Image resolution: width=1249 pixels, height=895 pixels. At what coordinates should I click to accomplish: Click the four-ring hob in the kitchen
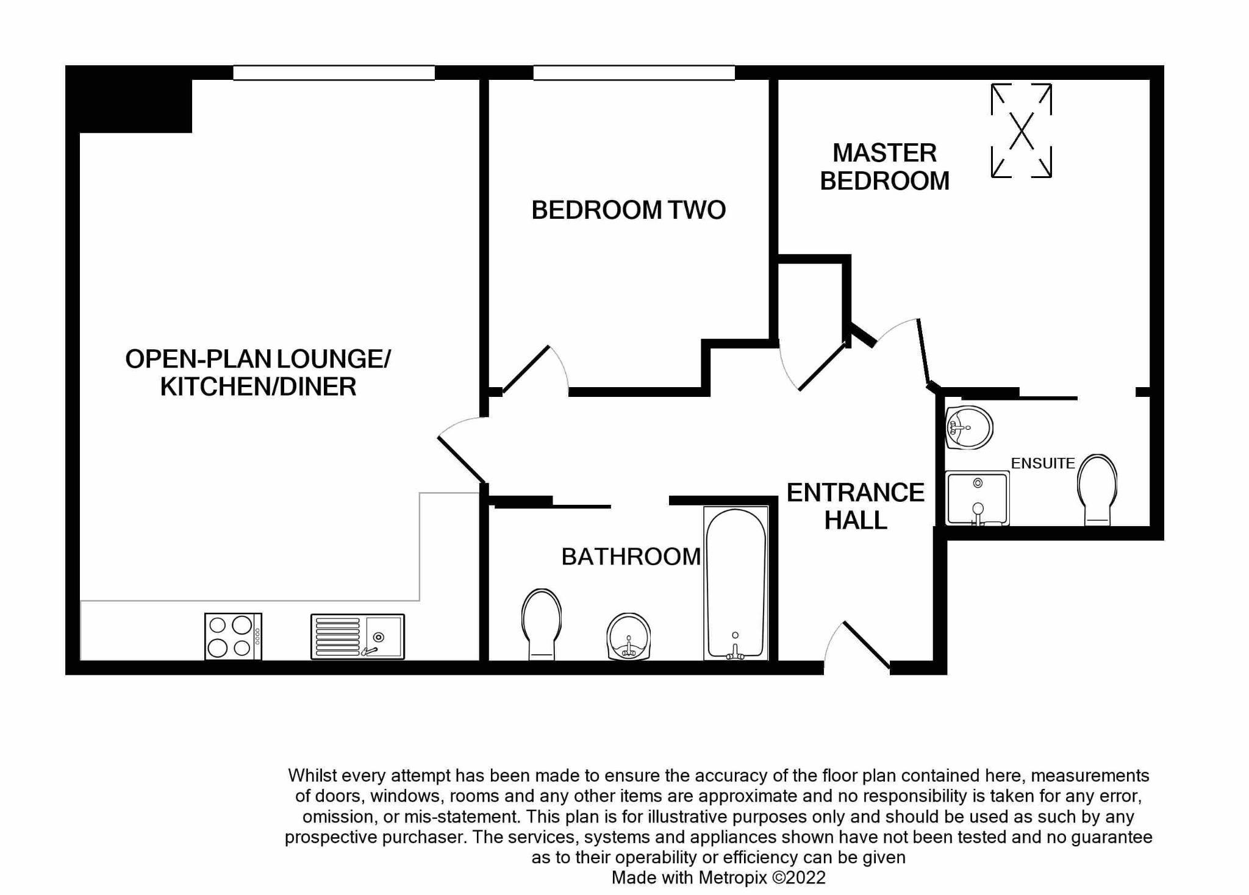[x=232, y=636]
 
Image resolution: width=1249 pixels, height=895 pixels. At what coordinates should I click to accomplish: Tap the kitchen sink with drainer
[x=357, y=636]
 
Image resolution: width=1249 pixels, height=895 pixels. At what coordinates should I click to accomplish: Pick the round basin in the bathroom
[x=629, y=636]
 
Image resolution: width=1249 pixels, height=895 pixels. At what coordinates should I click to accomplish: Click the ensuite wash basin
[x=968, y=427]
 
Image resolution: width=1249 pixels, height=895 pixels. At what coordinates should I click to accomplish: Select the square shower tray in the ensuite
[x=977, y=498]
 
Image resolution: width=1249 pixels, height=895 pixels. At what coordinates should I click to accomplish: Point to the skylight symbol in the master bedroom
[x=1022, y=130]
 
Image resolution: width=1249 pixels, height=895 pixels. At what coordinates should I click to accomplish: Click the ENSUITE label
[x=1043, y=463]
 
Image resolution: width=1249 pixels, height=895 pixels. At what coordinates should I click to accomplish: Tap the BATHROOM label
[x=631, y=557]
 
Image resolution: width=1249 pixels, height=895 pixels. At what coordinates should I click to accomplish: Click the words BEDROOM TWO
[x=628, y=210]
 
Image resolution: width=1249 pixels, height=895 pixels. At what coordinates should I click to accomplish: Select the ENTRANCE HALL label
[x=855, y=506]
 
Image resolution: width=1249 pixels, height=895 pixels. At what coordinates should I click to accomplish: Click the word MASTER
[x=884, y=153]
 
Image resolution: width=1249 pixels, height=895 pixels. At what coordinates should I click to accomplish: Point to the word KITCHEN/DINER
[x=258, y=387]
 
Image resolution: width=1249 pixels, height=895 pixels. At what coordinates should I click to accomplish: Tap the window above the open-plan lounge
[x=334, y=73]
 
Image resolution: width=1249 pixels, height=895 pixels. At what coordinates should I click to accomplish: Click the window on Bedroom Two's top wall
[x=634, y=73]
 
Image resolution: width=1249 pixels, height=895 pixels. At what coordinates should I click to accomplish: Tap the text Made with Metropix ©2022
[x=718, y=877]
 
